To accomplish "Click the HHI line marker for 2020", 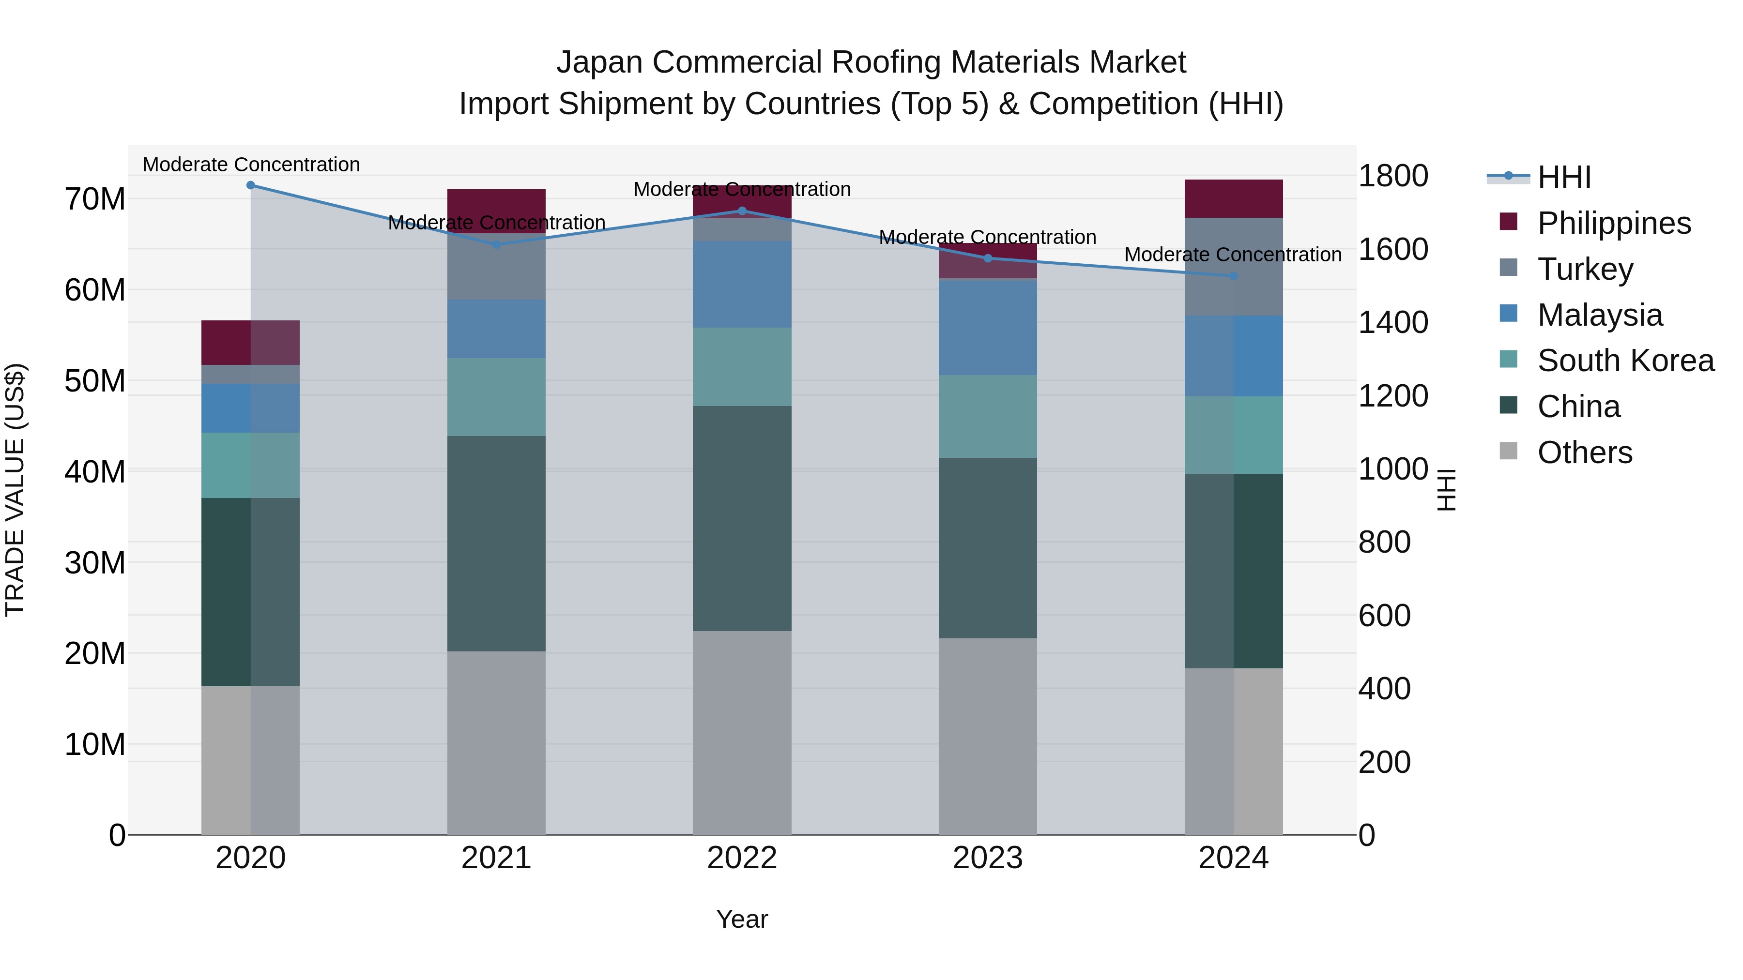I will click(250, 185).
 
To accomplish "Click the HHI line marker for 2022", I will click(742, 211).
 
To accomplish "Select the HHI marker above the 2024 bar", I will click(1233, 276).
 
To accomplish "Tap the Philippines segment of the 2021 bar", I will click(496, 211).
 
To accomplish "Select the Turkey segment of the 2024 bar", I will click(1233, 267).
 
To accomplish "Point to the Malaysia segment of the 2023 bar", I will click(987, 327).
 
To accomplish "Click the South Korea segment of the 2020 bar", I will click(250, 465).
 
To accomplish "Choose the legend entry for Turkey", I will click(1585, 269).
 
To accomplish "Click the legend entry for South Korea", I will click(1625, 361).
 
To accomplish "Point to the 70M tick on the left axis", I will click(95, 199).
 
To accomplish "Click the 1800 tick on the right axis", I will click(1393, 176).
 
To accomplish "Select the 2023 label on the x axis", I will click(987, 858).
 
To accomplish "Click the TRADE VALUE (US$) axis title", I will click(15, 490).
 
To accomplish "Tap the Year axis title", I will click(742, 919).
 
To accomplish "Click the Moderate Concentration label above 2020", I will click(251, 165).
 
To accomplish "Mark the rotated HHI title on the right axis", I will click(1446, 490).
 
